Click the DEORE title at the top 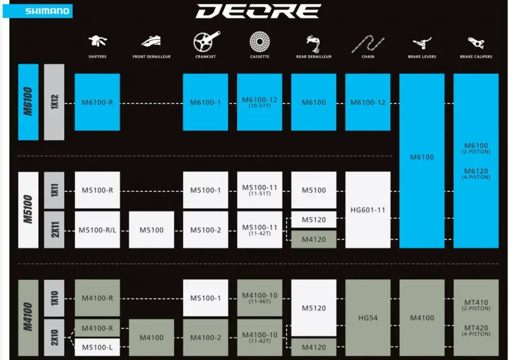259,11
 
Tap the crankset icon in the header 206,41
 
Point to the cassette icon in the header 260,42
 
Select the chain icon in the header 368,44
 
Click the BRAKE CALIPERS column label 476,57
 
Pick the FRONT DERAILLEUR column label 152,57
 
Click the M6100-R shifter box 97,102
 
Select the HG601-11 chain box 368,210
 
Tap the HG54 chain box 368,318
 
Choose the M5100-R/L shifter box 97,230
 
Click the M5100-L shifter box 97,347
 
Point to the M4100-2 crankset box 206,337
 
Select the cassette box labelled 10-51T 260,102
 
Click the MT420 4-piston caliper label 476,330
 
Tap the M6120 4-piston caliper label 476,173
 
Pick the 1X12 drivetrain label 54,102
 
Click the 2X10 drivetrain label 54,337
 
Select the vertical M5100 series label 28,210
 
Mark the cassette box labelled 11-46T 260,298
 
